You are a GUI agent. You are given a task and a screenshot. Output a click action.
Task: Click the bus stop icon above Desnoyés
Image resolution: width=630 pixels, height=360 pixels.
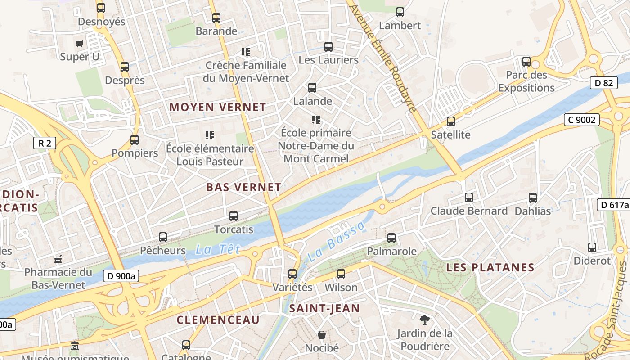coord(101,8)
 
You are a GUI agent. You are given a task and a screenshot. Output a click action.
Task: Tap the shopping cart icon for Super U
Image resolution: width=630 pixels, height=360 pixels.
coord(80,43)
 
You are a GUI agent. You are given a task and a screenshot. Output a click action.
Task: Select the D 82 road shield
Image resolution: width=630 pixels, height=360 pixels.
coord(603,83)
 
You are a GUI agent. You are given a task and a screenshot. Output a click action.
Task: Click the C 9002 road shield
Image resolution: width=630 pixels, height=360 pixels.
coord(582,120)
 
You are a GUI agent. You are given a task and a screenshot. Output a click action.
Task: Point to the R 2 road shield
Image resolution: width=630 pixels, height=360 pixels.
coord(45,144)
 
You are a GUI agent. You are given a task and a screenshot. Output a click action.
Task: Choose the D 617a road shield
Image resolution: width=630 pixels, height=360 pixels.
coord(613,205)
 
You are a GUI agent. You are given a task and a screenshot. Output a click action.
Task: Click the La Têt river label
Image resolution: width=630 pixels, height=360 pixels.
coord(218,249)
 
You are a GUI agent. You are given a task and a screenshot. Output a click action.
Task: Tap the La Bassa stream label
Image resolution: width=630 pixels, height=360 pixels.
coord(337,242)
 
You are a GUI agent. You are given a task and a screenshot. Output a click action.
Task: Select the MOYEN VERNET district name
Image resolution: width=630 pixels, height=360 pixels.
coord(217,107)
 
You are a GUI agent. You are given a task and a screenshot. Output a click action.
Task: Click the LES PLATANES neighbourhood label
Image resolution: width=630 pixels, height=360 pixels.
coord(490,267)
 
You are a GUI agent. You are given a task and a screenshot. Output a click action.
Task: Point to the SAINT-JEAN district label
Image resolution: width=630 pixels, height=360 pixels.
coord(324,308)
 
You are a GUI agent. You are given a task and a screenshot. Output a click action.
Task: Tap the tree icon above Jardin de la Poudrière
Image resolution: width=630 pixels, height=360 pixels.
coord(424,320)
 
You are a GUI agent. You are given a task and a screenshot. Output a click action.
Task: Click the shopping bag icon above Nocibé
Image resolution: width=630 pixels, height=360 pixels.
coord(322,335)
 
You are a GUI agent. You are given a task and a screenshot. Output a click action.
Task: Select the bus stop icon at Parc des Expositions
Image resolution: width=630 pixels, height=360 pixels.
coord(526,62)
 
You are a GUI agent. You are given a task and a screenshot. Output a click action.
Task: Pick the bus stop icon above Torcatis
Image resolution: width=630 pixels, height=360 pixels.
coord(234,216)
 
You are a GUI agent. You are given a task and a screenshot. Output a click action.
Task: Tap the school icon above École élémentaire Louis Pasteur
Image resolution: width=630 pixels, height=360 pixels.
coord(209,135)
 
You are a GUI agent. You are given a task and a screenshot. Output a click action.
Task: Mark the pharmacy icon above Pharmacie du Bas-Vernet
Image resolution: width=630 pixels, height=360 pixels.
coord(58,259)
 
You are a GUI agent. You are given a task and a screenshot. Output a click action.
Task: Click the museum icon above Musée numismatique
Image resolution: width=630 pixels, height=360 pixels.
coord(75,346)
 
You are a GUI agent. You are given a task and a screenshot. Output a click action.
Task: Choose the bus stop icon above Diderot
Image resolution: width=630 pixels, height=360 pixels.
coord(592,247)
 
